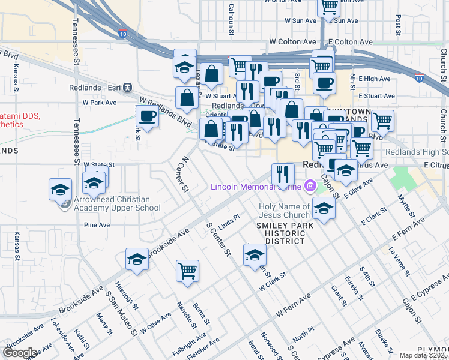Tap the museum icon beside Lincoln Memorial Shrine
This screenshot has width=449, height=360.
pyautogui.click(x=310, y=187)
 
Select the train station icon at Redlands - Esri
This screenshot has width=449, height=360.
pyautogui.click(x=127, y=87)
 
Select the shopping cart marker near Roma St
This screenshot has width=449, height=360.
pyautogui.click(x=187, y=270)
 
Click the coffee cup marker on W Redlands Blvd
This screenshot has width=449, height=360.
pyautogui.click(x=147, y=115)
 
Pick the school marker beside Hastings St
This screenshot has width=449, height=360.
pyautogui.click(x=137, y=259)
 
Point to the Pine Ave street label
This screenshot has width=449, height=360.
pyautogui.click(x=97, y=225)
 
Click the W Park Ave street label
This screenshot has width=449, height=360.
pyautogui.click(x=99, y=103)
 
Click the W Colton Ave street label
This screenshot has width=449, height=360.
pyautogui.click(x=292, y=42)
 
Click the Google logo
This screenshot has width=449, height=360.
pyautogui.click(x=20, y=353)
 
